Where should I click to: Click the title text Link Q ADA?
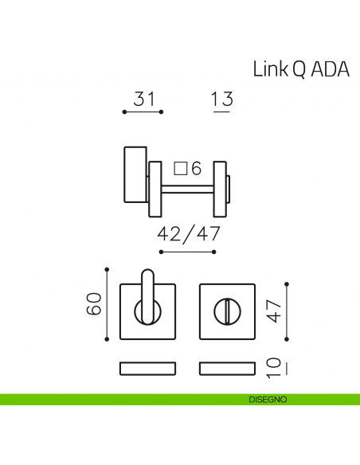pyautogui.click(x=301, y=68)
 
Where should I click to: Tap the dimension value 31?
pyautogui.click(x=143, y=100)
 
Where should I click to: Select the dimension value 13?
pyautogui.click(x=222, y=100)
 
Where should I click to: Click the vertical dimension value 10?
pyautogui.click(x=274, y=367)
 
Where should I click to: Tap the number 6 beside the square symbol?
pyautogui.click(x=196, y=169)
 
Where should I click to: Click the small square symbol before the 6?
pyautogui.click(x=180, y=169)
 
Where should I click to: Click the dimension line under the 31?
pyautogui.click(x=143, y=112)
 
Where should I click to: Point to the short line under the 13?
pyautogui.click(x=222, y=112)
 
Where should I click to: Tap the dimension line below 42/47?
pyautogui.click(x=189, y=252)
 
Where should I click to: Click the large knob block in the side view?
pyautogui.click(x=134, y=175)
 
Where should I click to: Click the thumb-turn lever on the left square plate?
pyautogui.click(x=148, y=296)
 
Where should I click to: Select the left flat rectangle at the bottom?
pyautogui.click(x=148, y=368)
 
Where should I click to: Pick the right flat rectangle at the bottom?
pyautogui.click(x=227, y=368)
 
